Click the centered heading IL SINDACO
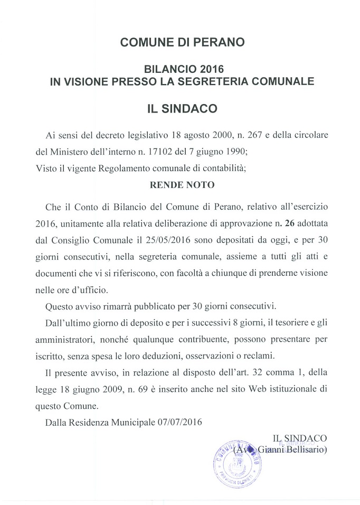(183, 109)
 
